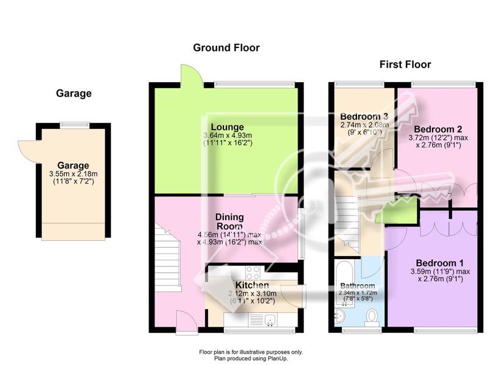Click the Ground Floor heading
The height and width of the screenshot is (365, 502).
click(226, 47)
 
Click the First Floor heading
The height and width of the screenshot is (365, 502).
click(405, 64)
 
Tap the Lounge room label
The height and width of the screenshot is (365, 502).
click(228, 127)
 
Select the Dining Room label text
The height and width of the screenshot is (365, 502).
click(229, 221)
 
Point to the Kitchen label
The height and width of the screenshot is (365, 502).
click(253, 285)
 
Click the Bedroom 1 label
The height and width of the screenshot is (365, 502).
click(439, 263)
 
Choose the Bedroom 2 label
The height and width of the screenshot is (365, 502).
click(438, 130)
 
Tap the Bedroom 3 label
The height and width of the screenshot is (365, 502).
click(364, 116)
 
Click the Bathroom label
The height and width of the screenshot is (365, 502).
click(358, 285)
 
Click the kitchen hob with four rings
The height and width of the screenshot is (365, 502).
click(253, 273)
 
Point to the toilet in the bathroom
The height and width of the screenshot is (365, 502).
click(372, 317)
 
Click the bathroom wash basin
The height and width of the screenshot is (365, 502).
click(340, 316)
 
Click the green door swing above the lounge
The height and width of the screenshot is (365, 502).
click(192, 75)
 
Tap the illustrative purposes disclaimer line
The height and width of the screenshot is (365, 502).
click(251, 352)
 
